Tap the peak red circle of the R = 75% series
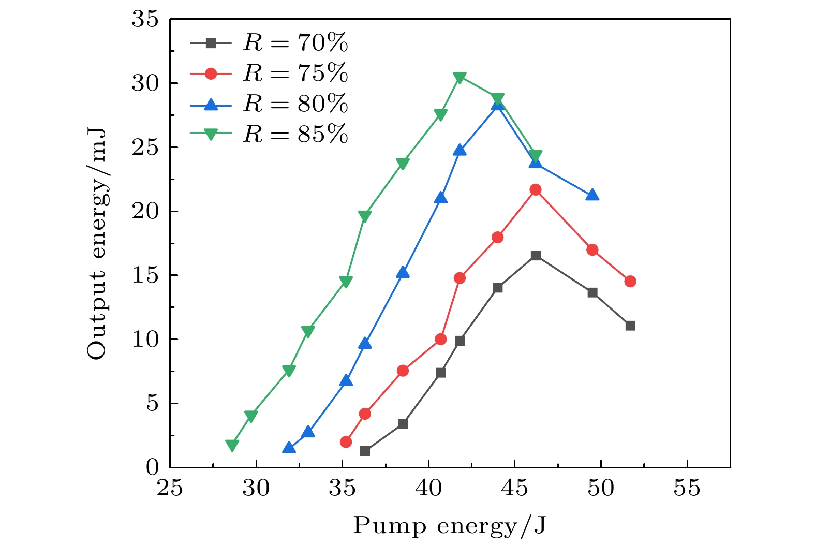point(536,190)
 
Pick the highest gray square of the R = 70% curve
point(536,255)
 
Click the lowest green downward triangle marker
point(232,445)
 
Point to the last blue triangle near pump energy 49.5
point(592,195)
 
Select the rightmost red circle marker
point(630,282)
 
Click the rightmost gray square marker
point(630,326)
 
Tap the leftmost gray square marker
point(365,451)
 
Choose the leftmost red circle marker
point(346,442)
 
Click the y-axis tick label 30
point(144,83)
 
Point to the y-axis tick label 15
point(144,275)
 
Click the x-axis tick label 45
point(514,488)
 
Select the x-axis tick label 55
point(687,488)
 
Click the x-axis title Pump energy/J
point(450,526)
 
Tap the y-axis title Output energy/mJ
point(97,243)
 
